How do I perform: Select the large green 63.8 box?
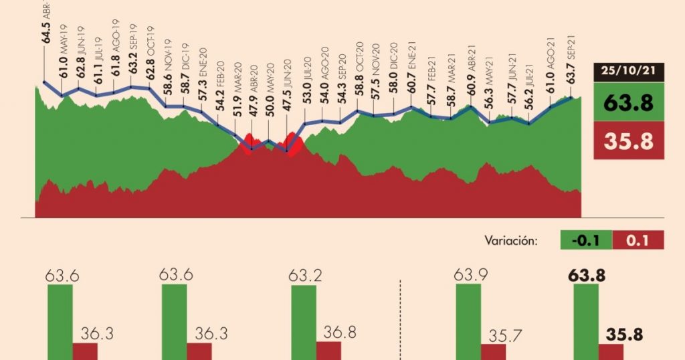629,102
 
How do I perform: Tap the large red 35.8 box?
629,141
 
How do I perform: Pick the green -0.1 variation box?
585,240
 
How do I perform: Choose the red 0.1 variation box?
638,240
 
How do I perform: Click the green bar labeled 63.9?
468,322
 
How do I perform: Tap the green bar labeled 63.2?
303,322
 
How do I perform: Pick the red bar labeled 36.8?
328,350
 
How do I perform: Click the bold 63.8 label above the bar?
586,274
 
